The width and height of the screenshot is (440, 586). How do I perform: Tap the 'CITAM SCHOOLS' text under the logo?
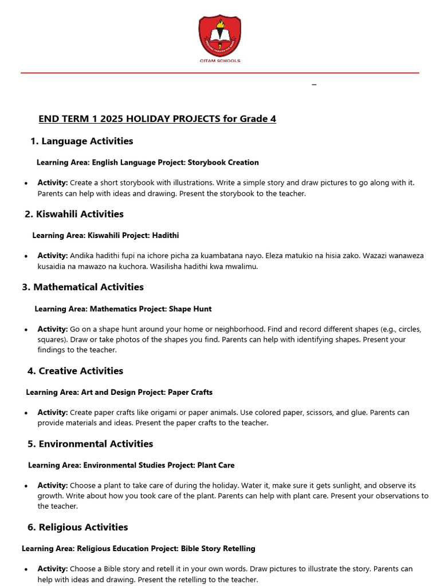coord(219,61)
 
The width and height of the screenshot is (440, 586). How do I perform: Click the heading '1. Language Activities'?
coord(81,141)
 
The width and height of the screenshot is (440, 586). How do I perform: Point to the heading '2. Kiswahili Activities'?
coord(74,214)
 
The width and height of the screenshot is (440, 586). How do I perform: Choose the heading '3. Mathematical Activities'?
coord(82,287)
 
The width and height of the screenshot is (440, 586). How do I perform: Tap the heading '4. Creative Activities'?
coord(75,371)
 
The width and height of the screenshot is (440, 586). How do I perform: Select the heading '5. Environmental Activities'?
coord(90,444)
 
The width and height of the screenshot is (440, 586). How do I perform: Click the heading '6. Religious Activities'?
coord(77,527)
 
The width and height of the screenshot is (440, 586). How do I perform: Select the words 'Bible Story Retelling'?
coord(218,549)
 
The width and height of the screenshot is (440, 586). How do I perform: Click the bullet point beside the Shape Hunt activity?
coord(26,330)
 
